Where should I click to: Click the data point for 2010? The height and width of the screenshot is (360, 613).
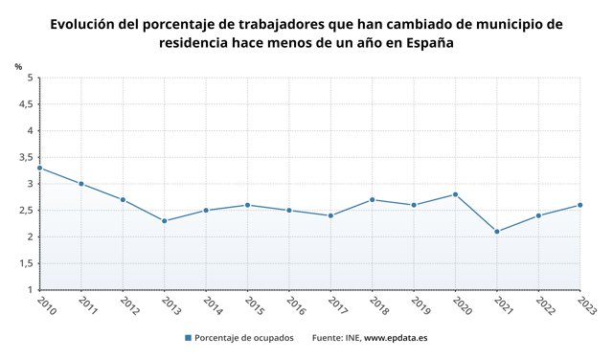(39, 168)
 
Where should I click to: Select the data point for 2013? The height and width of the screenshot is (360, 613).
(164, 221)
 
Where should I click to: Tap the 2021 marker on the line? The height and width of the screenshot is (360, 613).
(496, 232)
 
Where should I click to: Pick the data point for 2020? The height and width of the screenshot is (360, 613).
(455, 194)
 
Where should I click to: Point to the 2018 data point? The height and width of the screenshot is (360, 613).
(372, 199)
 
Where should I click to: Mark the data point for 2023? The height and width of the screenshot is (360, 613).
(579, 205)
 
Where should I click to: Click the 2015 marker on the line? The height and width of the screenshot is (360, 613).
(247, 205)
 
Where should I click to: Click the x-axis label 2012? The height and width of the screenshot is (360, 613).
(128, 304)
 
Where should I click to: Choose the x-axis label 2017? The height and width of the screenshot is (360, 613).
(336, 304)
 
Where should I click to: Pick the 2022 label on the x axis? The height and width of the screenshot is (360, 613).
(544, 304)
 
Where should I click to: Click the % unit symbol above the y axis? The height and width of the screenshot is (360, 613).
(18, 66)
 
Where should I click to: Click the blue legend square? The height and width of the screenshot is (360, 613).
(188, 337)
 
